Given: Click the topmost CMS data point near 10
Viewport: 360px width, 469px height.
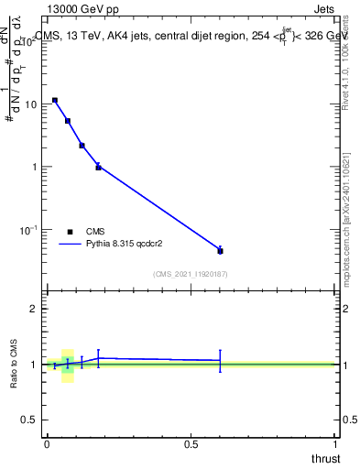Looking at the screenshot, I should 55,101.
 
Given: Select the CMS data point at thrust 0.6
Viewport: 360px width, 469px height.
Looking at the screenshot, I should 220,250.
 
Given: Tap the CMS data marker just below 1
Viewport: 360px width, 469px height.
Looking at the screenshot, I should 98,167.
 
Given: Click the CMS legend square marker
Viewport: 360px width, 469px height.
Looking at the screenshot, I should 70,232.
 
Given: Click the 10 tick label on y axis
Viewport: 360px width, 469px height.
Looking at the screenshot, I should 30,104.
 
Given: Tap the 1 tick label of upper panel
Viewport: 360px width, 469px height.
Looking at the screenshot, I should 35,167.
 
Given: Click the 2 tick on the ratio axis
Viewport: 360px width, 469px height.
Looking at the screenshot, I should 35,309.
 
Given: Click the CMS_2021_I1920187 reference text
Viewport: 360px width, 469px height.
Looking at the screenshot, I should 190,274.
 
